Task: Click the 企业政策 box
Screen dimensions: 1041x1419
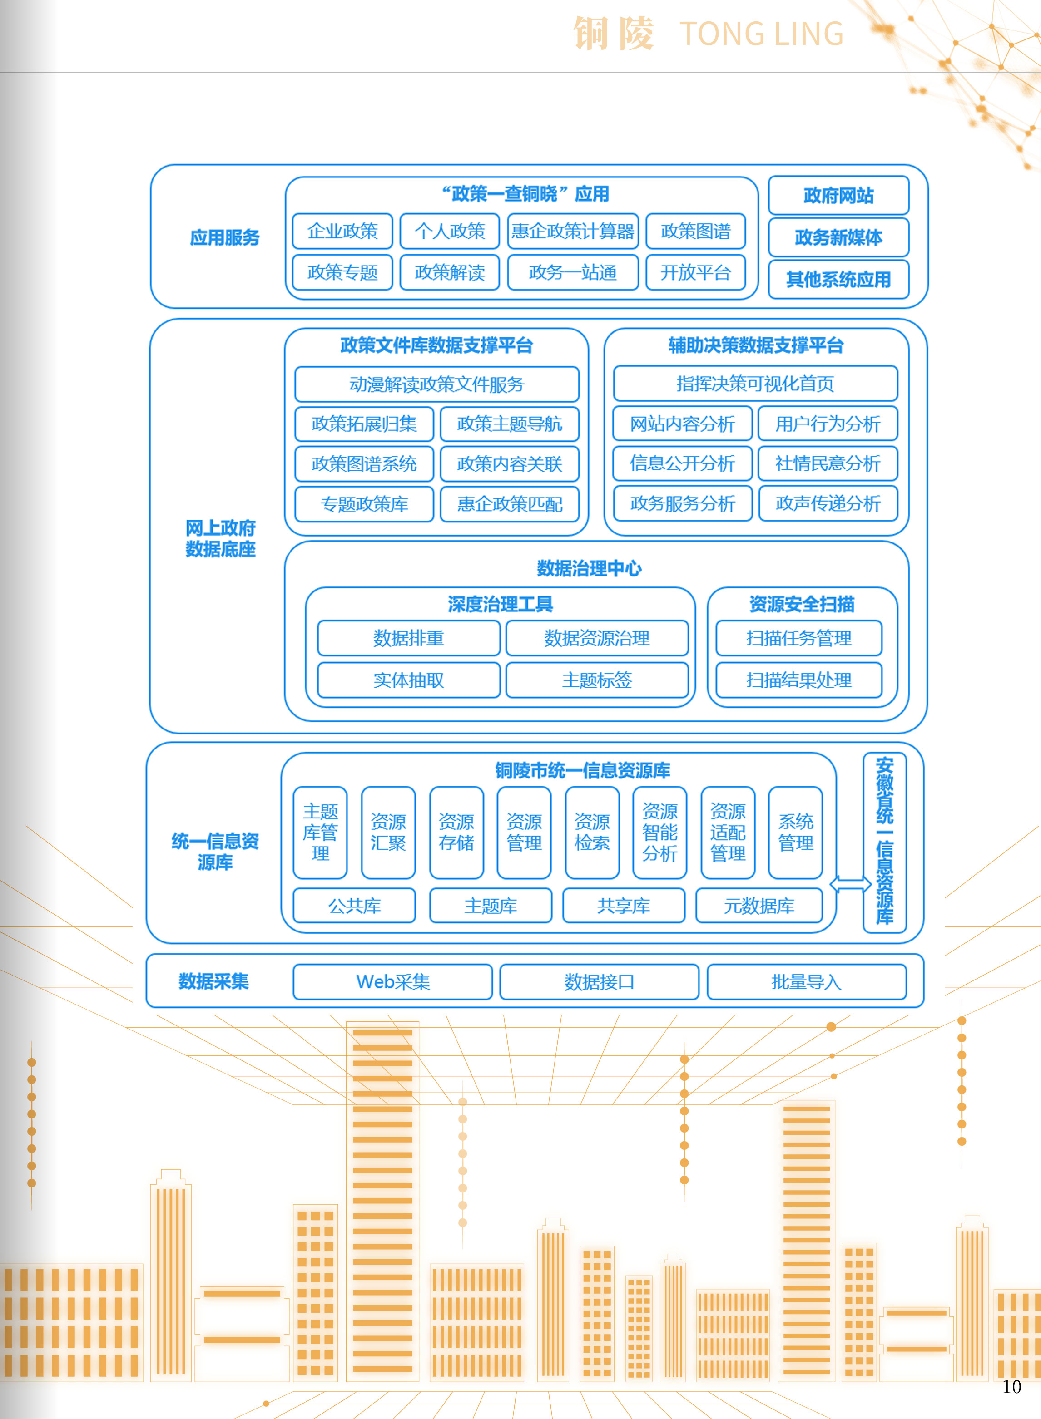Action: tap(342, 231)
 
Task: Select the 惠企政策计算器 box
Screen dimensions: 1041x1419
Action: tap(573, 231)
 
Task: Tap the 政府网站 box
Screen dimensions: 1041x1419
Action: tap(838, 195)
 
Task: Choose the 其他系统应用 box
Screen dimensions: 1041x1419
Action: tap(838, 279)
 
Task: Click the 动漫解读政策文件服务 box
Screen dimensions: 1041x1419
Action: tap(436, 384)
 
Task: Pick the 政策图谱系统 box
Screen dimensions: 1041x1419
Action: tap(364, 463)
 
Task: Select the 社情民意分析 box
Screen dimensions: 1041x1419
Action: tap(828, 463)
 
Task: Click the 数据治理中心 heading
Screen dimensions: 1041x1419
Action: tap(589, 568)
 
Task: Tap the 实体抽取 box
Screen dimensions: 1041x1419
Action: tap(408, 680)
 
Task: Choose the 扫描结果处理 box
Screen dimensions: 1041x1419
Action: tap(798, 680)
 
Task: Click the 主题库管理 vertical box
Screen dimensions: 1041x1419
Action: tap(320, 832)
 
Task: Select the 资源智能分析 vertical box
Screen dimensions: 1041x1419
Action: tap(660, 832)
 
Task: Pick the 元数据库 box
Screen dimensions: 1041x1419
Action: tap(758, 905)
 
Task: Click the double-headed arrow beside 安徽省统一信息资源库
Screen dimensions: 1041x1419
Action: tap(850, 884)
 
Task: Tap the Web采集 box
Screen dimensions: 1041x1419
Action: tap(392, 981)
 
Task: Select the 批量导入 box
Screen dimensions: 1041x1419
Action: tap(807, 981)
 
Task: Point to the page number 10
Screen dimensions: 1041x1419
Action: tap(1011, 1386)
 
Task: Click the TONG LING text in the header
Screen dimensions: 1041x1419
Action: tap(761, 34)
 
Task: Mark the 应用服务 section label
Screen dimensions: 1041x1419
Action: tap(225, 237)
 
